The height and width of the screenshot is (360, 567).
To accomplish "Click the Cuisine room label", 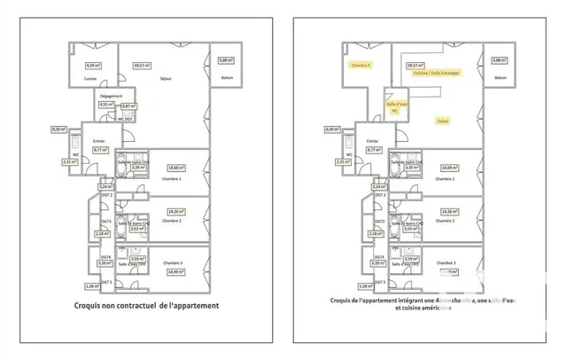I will click(89, 79).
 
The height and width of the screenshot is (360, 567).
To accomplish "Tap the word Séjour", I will click(165, 79).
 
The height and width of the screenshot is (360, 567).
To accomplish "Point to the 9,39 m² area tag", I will click(90, 65).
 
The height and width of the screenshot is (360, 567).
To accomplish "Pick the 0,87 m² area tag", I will click(128, 106).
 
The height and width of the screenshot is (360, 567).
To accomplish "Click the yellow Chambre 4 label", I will click(361, 65).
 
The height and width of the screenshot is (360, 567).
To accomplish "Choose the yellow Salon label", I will click(442, 120).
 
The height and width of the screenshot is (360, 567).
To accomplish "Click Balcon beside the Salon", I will click(501, 79).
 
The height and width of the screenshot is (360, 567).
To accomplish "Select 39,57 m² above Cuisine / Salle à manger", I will click(414, 64).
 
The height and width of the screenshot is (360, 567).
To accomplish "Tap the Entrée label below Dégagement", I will click(99, 141).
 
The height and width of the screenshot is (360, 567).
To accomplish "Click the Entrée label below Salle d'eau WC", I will click(372, 141).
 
